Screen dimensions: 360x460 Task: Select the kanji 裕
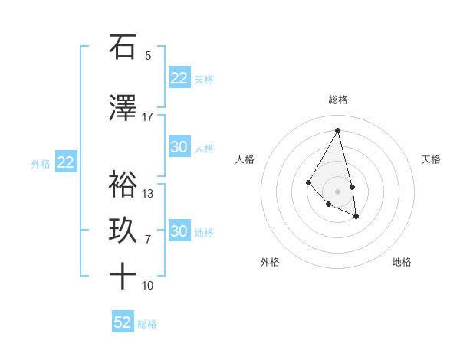point(123,184)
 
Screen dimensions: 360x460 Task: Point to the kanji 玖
point(123,230)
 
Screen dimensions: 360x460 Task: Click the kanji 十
point(123,276)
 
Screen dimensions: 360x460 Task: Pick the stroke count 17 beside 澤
point(147,116)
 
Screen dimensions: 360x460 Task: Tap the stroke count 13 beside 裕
point(148,193)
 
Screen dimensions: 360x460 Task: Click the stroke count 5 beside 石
point(148,55)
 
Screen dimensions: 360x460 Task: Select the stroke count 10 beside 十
point(148,286)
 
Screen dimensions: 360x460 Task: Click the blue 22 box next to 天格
point(179,78)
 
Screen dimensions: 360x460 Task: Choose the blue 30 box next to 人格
point(179,147)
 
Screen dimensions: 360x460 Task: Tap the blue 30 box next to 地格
point(179,231)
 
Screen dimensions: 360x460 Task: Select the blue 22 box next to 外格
point(66,162)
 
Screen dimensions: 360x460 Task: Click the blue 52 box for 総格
point(123,322)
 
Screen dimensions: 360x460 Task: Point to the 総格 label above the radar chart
point(338,100)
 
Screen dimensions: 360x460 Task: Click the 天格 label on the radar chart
point(431,159)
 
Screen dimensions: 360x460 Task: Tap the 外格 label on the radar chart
point(270,262)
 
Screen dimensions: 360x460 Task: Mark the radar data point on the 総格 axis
point(338,130)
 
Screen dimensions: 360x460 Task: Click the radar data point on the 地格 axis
point(356,217)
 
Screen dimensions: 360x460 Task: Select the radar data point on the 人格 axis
point(308,182)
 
